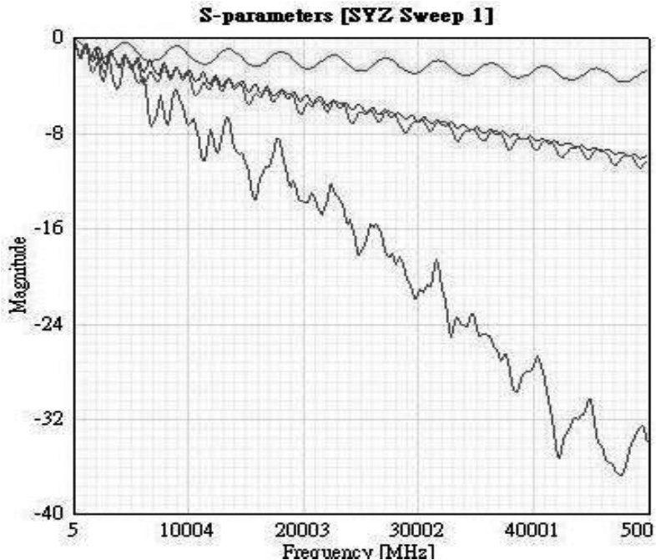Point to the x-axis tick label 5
[x=74, y=531]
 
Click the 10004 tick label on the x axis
[x=187, y=531]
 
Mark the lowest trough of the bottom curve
[x=619, y=475]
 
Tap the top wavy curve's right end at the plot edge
[x=648, y=70]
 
